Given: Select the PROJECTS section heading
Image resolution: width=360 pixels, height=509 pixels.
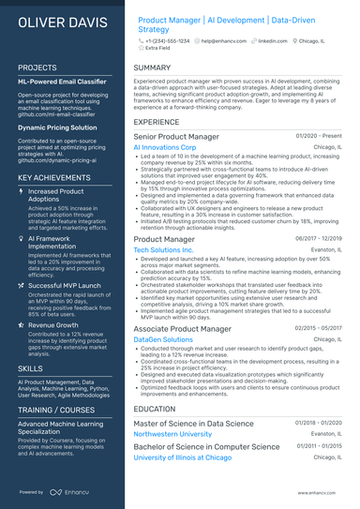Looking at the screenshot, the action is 37,68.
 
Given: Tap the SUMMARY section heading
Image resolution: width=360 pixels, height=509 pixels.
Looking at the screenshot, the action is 152,68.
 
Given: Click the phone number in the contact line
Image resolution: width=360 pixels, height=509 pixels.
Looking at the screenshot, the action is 168,42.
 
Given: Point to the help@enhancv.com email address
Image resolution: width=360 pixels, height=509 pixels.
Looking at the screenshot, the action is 222,42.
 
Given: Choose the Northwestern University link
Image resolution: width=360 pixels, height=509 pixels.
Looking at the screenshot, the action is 178,434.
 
